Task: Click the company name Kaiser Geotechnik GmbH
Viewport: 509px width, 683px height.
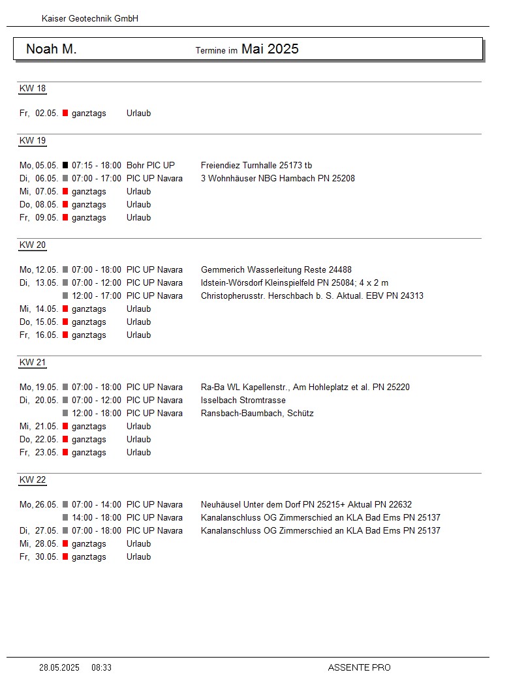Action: [90, 19]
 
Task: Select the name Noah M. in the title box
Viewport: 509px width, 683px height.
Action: [52, 49]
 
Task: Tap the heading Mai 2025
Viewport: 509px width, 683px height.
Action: [270, 49]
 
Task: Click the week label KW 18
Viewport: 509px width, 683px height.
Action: [33, 89]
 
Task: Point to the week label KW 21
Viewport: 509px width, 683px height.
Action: [33, 363]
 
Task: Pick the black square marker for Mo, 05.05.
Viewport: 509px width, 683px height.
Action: [65, 165]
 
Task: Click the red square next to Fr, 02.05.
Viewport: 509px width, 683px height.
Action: [65, 113]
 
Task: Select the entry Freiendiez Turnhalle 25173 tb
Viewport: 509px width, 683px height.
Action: [256, 165]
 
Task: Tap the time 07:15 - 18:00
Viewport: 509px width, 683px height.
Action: [97, 165]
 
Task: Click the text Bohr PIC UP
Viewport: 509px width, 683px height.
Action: [151, 165]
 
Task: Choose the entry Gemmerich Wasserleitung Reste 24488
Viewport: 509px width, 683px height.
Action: [276, 269]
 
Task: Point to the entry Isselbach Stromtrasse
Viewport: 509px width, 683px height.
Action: [243, 400]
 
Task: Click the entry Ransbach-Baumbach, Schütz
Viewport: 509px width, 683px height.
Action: [257, 413]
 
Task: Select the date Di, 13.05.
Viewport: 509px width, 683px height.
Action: [39, 282]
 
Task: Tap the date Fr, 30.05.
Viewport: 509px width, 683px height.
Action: [39, 556]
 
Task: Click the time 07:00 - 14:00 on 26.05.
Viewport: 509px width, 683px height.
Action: [97, 504]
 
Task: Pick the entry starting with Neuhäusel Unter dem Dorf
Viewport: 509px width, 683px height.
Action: [306, 504]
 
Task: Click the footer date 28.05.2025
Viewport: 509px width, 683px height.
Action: [59, 667]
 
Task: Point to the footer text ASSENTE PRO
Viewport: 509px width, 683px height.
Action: [360, 667]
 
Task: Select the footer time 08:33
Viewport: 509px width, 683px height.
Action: [102, 667]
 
